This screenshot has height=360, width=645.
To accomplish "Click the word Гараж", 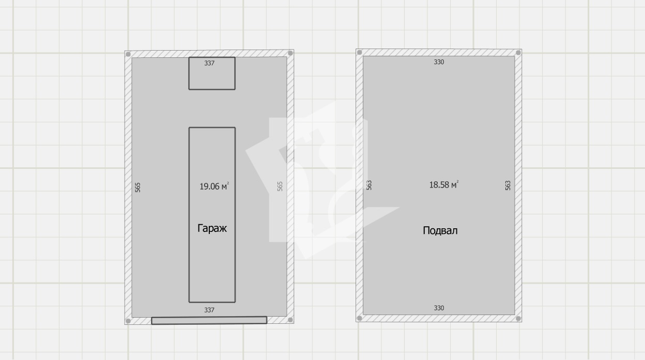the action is tap(212, 228).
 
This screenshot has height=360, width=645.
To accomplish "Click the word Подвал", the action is tap(440, 230).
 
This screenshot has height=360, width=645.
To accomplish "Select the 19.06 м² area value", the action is tap(214, 186).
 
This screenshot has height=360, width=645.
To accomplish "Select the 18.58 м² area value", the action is tap(444, 184).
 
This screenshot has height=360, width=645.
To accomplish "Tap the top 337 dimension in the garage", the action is tap(209, 63).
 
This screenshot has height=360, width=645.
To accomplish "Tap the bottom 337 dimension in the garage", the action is tap(209, 310).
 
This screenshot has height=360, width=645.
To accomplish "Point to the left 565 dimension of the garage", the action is tap(137, 187).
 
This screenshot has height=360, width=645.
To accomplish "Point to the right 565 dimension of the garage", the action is tap(280, 186).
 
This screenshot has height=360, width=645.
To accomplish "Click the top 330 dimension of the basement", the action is tap(439, 62).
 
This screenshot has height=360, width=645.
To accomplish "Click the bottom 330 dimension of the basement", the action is tap(439, 308).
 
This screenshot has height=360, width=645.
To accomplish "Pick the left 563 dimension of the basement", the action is tap(369, 185).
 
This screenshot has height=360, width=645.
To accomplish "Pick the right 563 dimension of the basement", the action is tap(508, 185).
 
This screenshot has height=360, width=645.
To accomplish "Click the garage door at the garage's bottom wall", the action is tap(209, 320).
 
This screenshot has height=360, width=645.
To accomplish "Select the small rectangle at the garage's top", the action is tap(212, 73).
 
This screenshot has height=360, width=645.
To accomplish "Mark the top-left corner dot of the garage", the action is tap(128, 54).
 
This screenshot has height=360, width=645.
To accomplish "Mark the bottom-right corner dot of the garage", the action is tap(290, 320).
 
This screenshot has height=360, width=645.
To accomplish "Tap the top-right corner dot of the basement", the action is tap(518, 53).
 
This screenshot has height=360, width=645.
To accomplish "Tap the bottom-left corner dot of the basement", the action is tap(359, 318).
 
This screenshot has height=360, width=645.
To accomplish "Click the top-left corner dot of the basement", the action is tap(359, 52).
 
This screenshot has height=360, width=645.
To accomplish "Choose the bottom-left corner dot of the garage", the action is tap(128, 321).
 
